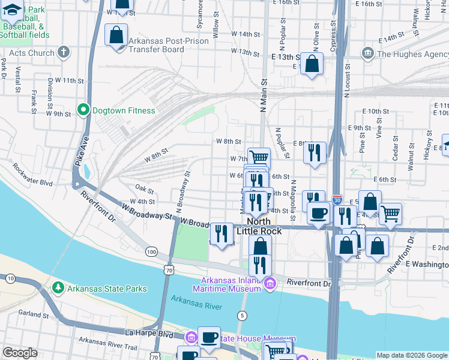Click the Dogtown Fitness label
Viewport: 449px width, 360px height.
click(x=124, y=110)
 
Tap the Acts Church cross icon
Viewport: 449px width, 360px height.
click(x=63, y=52)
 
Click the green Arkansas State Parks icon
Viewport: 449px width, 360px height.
click(x=58, y=289)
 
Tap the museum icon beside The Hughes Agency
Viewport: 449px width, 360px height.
click(x=367, y=54)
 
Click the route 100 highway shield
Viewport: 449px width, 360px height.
click(x=151, y=251)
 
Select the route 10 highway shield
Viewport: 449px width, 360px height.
click(x=10, y=278)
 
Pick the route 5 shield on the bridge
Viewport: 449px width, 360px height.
click(x=243, y=315)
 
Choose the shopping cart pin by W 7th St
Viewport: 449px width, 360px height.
click(x=259, y=158)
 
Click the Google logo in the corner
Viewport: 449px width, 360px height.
click(x=20, y=353)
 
